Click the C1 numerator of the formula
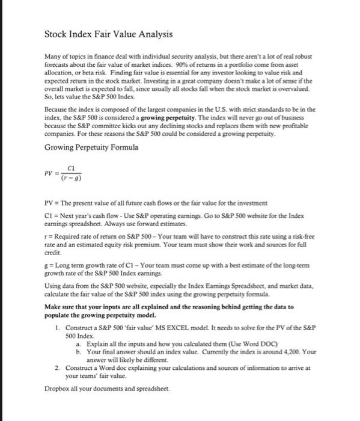pos(71,169)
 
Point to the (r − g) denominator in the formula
pos(72,178)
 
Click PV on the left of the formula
pos(50,174)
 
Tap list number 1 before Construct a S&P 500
pos(56,327)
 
